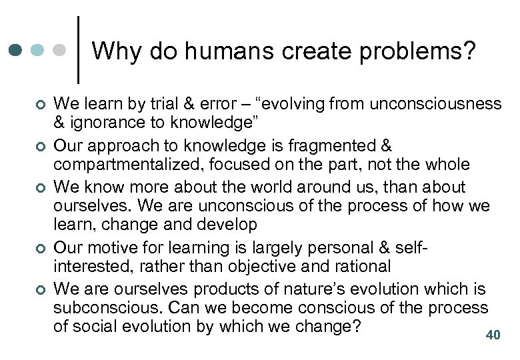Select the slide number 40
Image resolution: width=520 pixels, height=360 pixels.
tap(493, 335)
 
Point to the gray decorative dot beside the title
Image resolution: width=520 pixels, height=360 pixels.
tap(60, 50)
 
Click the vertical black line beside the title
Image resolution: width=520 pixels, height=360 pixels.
tap(80, 50)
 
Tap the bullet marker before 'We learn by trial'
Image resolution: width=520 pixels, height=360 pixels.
tap(40, 104)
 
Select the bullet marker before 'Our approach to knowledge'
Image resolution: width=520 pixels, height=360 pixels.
tap(40, 146)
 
